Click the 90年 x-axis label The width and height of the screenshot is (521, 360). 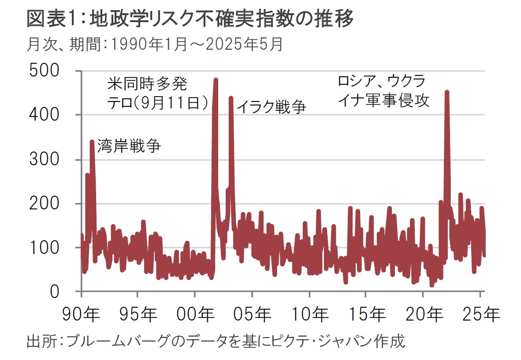pos(82,315)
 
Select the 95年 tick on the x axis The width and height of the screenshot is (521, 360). pos(138,315)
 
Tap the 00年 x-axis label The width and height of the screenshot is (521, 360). pos(195,315)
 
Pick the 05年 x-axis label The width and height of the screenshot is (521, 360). pos(252,315)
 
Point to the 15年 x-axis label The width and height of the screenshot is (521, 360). pos(366,315)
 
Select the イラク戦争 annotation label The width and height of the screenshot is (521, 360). pos(272,107)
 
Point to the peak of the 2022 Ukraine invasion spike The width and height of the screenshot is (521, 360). pos(447,93)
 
